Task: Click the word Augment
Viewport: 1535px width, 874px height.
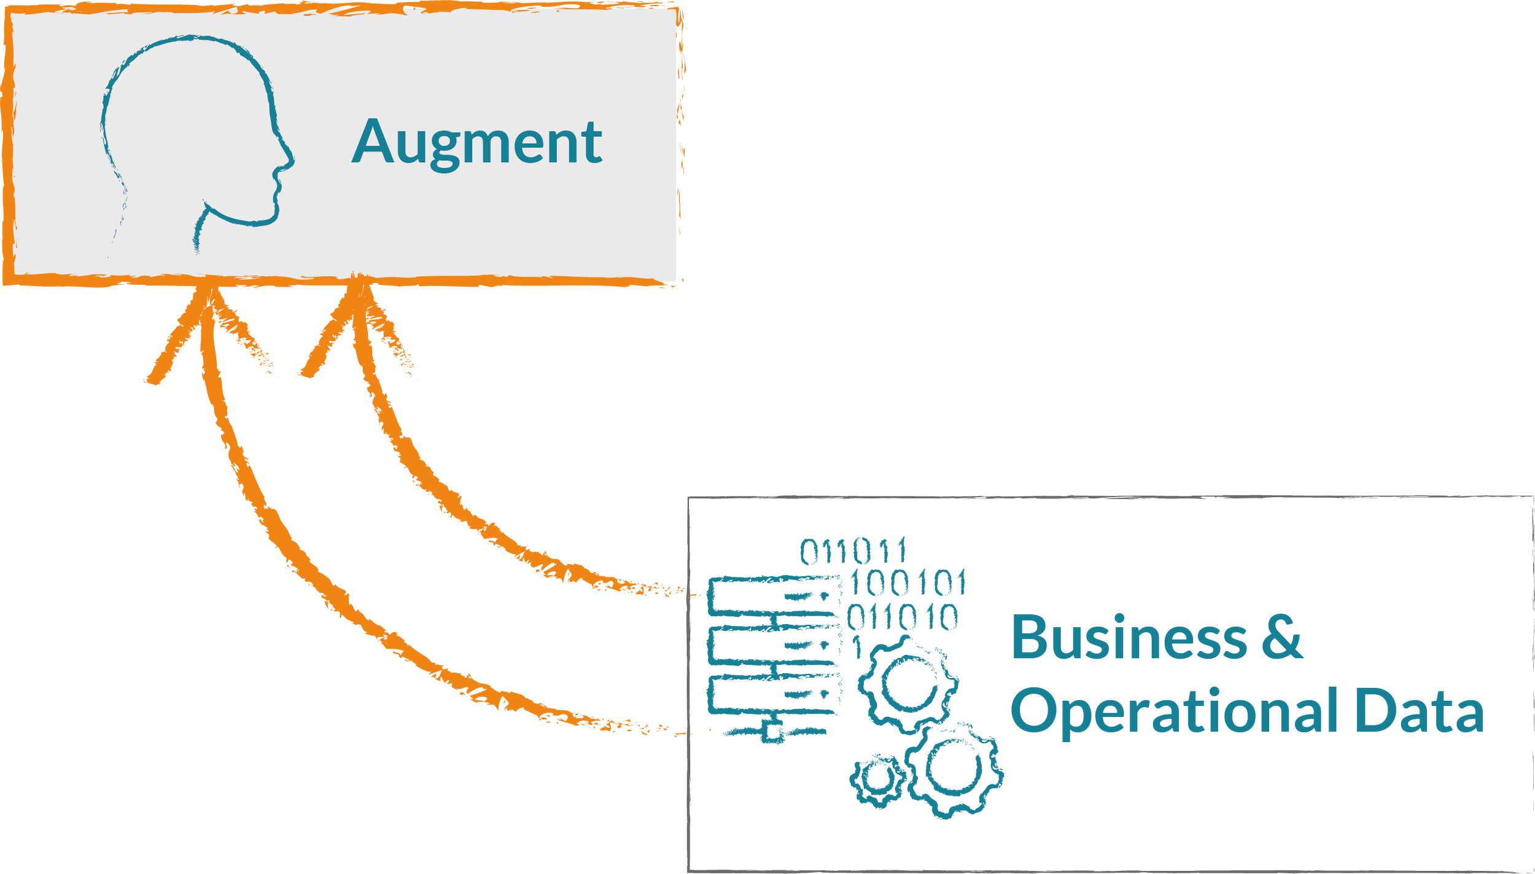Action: tap(477, 142)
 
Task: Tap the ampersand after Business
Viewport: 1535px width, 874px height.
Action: tap(1282, 638)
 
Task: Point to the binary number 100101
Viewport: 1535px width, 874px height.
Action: tap(907, 583)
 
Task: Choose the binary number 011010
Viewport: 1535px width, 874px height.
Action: tap(902, 617)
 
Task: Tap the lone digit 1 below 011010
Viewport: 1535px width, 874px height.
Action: tap(857, 648)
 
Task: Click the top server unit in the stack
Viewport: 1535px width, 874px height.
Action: tap(774, 595)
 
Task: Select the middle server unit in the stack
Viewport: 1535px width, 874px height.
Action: tap(774, 645)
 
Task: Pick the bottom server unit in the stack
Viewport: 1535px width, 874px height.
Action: tap(774, 694)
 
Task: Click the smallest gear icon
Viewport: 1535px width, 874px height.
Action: tap(878, 779)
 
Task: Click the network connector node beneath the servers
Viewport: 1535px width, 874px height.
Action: tap(772, 732)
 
